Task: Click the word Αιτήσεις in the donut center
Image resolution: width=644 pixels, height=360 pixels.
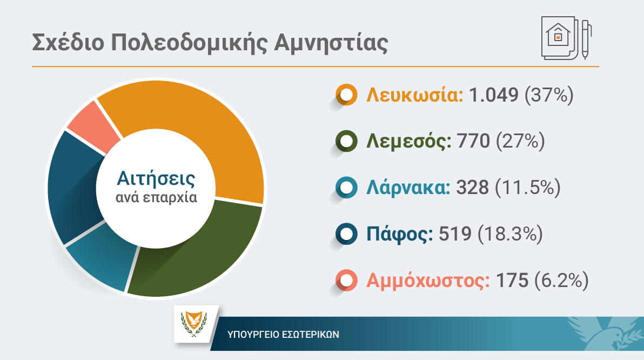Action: click(156, 179)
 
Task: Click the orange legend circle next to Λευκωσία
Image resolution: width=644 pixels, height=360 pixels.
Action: click(346, 95)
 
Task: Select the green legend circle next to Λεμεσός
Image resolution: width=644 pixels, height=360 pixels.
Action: click(346, 142)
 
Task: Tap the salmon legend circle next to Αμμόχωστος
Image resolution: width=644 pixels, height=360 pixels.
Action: click(346, 281)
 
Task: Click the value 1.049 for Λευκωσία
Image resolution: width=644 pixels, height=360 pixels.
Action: click(493, 95)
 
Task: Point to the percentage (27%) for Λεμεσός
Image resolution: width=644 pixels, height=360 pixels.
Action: click(520, 142)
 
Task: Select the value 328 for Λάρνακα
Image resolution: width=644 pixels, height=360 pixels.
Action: click(473, 188)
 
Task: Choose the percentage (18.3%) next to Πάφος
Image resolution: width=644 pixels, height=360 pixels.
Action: click(510, 234)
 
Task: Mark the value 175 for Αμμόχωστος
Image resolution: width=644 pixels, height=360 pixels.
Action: click(512, 281)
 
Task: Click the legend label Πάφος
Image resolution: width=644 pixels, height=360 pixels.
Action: click(399, 234)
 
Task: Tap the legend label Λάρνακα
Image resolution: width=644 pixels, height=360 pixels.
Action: click(408, 188)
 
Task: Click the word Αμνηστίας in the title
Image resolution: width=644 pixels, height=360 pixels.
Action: click(331, 43)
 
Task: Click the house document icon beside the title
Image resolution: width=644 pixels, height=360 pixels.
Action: click(566, 38)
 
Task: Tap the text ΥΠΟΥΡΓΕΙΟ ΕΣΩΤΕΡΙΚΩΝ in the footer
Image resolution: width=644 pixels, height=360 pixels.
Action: click(284, 335)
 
